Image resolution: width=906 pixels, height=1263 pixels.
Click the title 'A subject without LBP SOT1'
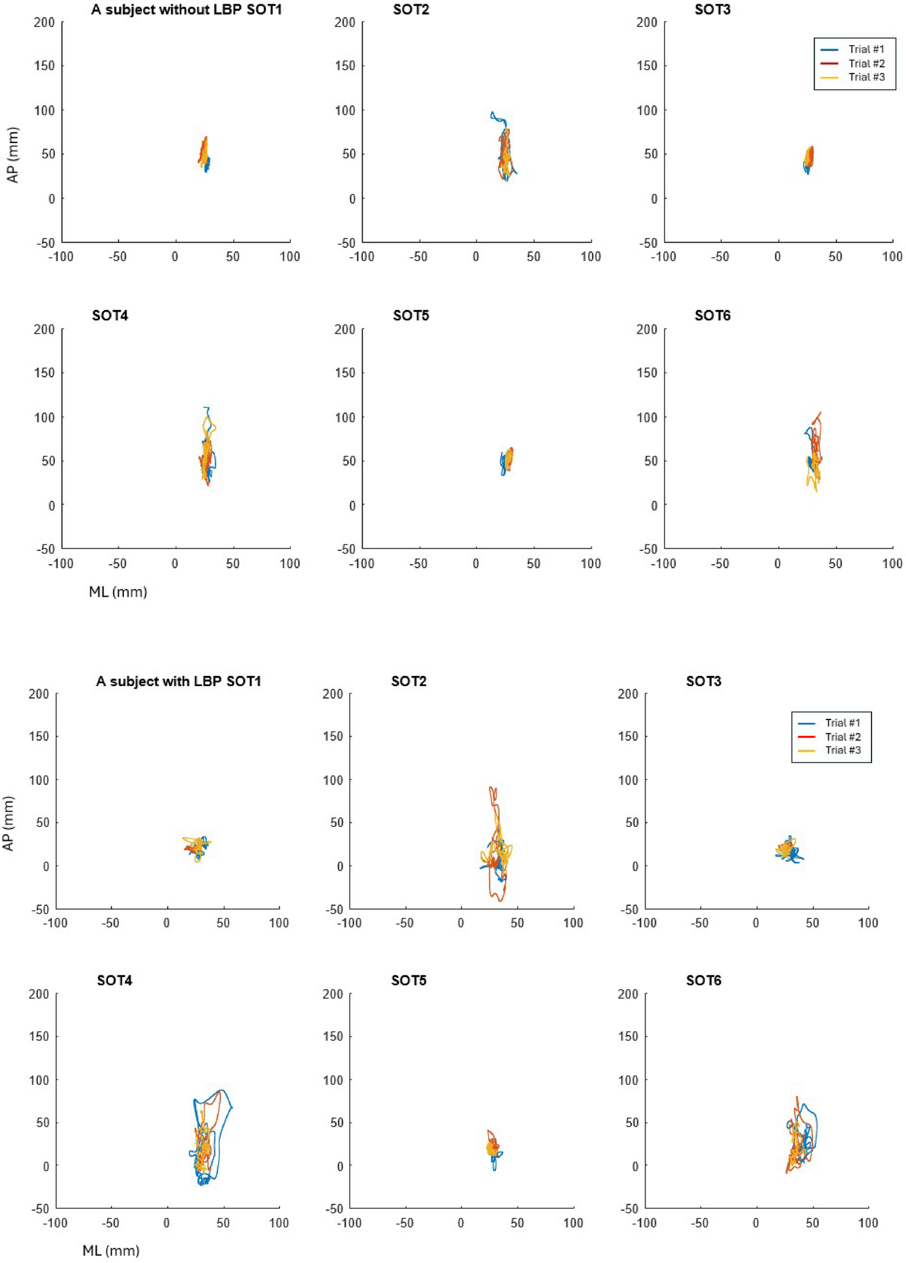186,10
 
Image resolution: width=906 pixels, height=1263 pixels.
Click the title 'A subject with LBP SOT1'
178,681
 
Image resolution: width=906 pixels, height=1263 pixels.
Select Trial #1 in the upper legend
866,50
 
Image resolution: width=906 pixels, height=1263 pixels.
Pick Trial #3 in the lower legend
843,750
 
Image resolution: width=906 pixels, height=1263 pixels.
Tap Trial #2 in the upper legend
866,63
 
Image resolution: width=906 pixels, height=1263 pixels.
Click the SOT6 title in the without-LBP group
712,315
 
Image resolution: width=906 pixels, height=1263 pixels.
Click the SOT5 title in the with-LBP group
408,980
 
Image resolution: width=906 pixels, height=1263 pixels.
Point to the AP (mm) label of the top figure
13,155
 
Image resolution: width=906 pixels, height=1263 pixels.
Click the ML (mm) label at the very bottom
111,1250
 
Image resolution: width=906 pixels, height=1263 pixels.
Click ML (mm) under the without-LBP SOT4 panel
118,592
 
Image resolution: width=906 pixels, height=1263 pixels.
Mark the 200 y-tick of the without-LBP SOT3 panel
646,22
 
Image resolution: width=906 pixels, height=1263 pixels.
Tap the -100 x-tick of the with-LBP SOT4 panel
55,1223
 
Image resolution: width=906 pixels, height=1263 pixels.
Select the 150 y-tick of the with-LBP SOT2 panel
332,736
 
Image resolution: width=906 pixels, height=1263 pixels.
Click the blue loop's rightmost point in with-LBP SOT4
232,1108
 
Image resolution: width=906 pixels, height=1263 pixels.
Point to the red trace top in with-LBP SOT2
492,788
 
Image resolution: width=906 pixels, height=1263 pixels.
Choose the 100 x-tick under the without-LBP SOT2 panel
591,257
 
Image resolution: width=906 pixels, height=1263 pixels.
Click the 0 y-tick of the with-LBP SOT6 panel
635,1166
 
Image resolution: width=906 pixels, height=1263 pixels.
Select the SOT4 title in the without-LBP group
110,315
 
